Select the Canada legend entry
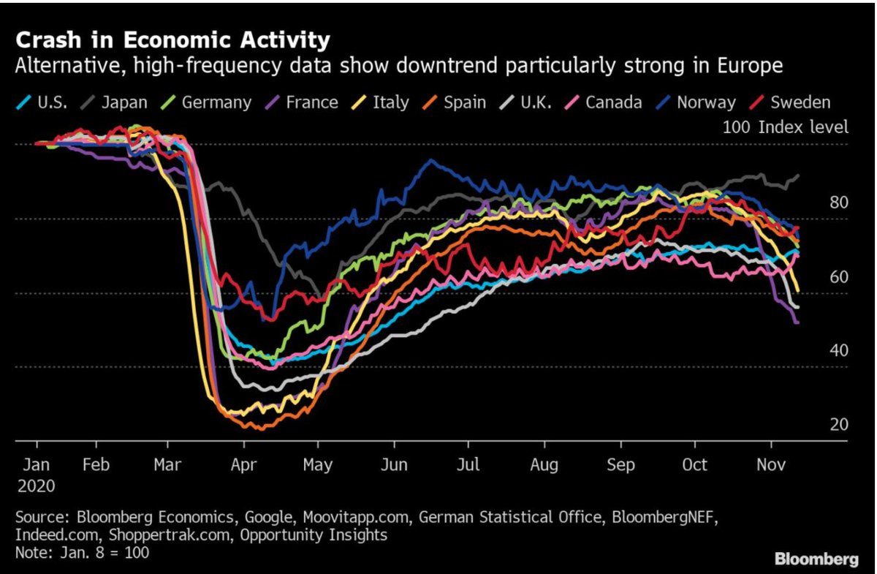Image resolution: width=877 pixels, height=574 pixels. click(x=611, y=102)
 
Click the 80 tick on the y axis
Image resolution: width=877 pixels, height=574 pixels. click(x=839, y=202)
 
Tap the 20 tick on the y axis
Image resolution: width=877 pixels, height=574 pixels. click(x=839, y=424)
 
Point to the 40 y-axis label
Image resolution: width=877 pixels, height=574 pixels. click(x=839, y=350)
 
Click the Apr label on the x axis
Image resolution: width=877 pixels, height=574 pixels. click(x=243, y=464)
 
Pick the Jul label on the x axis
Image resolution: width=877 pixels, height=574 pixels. click(x=468, y=464)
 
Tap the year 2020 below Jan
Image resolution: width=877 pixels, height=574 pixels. click(x=36, y=485)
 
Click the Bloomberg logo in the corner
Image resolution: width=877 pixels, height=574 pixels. click(x=816, y=559)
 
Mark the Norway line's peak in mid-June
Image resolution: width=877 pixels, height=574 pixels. click(x=431, y=161)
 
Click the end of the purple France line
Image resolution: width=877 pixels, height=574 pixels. click(x=797, y=322)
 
